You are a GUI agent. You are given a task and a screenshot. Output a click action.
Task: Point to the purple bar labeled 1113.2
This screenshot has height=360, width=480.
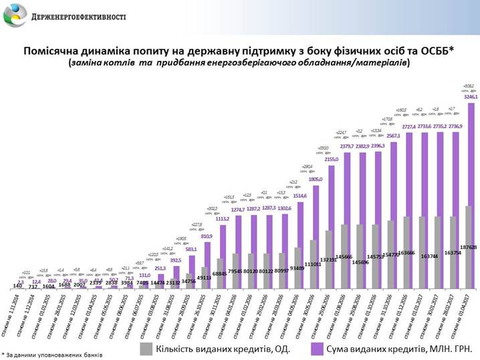(226, 257)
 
